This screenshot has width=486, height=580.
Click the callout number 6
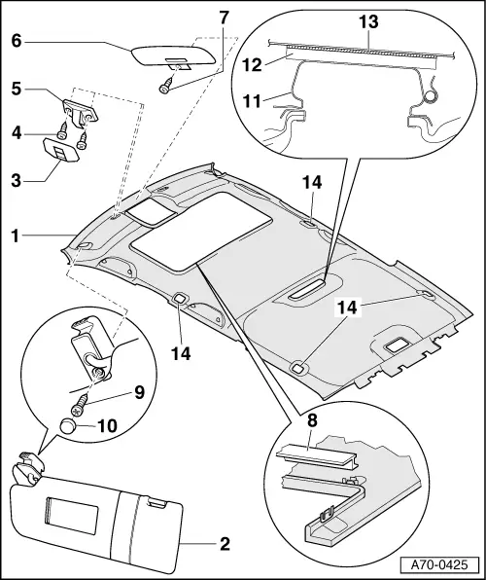[17, 41]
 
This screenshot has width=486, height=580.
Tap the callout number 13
[368, 21]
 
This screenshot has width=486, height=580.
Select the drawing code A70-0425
[439, 564]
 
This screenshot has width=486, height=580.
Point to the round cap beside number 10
[67, 425]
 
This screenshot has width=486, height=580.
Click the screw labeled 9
[80, 404]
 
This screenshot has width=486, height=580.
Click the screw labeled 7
[166, 86]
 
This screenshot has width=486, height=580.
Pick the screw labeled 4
[63, 131]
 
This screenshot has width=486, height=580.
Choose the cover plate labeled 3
[61, 150]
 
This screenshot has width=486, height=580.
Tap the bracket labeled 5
[81, 112]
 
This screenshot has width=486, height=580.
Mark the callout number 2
[225, 544]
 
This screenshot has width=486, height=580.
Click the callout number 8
[312, 420]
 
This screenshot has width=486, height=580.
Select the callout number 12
[252, 65]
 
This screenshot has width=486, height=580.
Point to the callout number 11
[252, 101]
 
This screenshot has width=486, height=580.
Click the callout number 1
[16, 236]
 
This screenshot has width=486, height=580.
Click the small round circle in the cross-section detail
[430, 97]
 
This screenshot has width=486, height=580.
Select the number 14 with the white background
[347, 308]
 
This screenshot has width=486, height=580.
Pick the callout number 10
[107, 426]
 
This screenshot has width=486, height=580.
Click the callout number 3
[17, 181]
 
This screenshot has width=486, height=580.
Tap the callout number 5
[17, 89]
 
